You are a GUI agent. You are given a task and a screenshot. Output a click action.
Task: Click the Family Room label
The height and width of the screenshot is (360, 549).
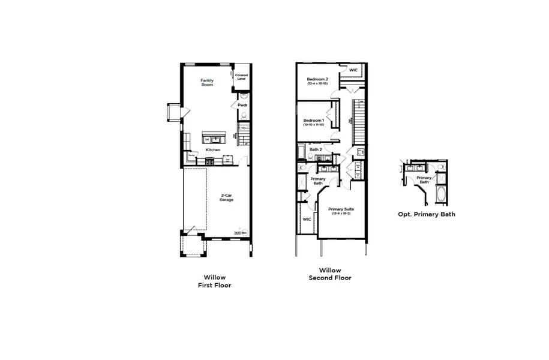point(207,82)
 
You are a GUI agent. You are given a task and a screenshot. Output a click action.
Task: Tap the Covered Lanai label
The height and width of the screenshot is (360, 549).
point(241,77)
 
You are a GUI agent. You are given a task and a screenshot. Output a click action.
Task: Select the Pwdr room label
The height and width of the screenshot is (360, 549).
point(242,105)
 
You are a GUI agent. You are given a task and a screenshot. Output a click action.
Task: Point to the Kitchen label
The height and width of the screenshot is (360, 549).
point(213,149)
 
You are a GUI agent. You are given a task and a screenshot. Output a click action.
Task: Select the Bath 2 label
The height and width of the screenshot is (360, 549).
point(316,149)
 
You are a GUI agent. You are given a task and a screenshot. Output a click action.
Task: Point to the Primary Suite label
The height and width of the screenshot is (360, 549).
point(341,209)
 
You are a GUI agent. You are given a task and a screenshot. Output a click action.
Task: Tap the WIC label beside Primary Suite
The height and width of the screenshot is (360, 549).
point(307,219)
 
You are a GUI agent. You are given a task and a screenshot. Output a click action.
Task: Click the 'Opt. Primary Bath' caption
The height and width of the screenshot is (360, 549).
point(427,214)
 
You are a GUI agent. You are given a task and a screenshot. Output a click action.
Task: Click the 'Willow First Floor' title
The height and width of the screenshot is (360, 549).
point(214,281)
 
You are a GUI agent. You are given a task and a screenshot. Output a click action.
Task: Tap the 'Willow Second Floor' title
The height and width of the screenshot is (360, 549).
point(330,274)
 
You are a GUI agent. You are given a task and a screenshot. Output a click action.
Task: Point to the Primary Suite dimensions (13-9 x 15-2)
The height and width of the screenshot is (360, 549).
point(341,214)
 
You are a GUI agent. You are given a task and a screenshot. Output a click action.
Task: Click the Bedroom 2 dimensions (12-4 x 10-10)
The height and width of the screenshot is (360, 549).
point(318,83)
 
